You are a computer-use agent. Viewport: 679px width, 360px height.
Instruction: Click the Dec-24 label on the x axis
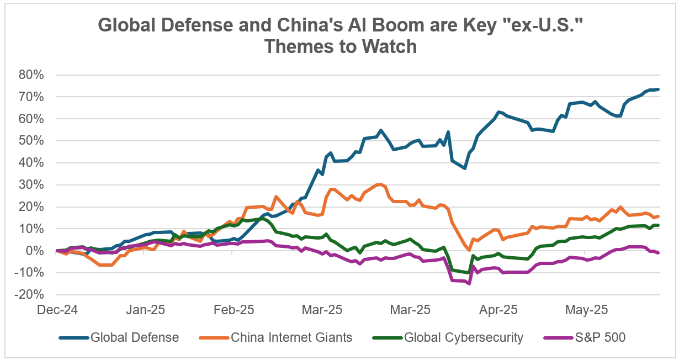(58, 310)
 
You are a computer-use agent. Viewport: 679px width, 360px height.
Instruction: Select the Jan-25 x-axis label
(146, 310)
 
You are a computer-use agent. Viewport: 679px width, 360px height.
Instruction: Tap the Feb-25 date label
(235, 310)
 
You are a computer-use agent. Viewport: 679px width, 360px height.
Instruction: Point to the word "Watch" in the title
(388, 46)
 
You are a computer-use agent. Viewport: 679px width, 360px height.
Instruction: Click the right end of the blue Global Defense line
(659, 89)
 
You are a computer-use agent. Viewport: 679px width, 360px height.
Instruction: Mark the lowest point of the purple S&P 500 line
(469, 284)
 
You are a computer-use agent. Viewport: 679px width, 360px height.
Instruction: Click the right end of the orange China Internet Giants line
(659, 216)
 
